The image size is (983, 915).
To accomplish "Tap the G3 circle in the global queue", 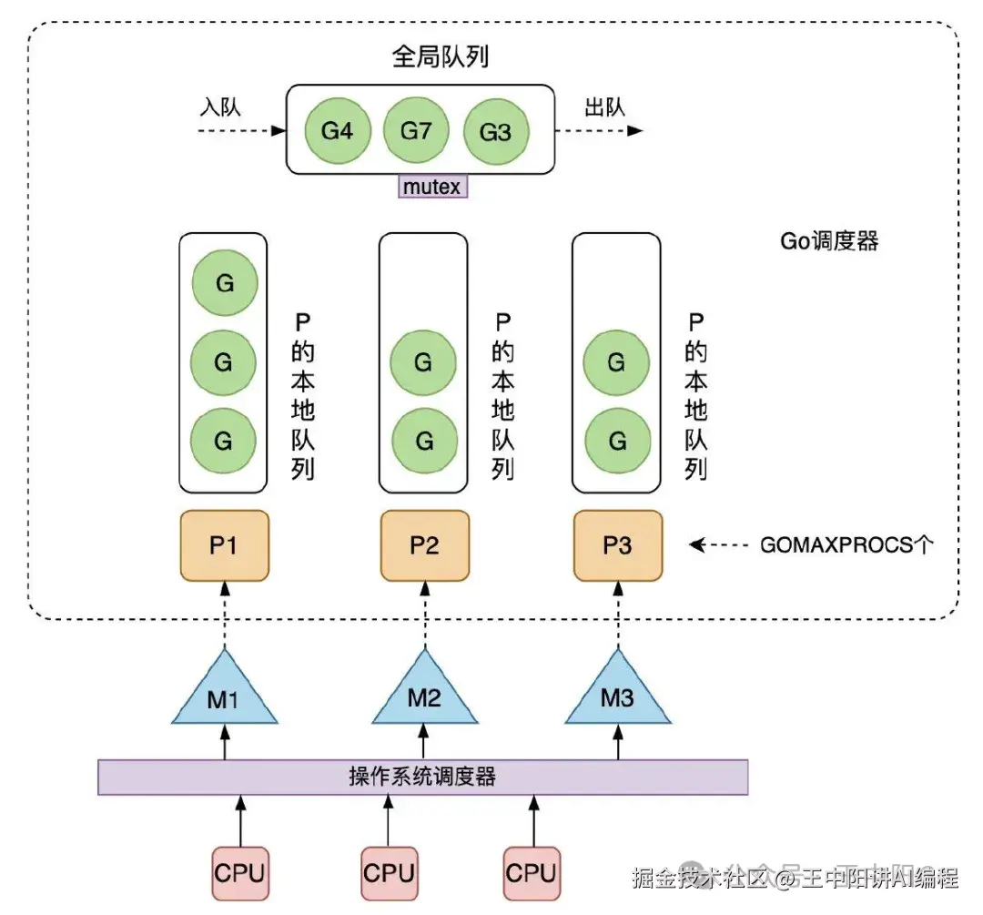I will pos(495,131).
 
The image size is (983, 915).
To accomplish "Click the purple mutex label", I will pos(433,187).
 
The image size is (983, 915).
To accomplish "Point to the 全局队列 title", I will pos(440,56).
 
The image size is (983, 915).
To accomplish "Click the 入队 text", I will pos(220,107).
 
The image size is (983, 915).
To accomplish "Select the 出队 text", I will pos(604,107).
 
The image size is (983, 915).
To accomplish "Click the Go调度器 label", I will pos(829,241).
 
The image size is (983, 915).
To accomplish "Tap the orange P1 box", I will pos(224,545).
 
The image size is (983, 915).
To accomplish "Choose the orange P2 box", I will pos(424,545).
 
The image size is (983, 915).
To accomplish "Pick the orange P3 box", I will pos(617,545).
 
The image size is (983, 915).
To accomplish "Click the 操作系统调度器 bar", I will pos(422,777).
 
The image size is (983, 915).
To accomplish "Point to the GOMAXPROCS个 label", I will pos(846,546).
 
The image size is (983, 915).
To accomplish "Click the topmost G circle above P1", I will pos(224,283).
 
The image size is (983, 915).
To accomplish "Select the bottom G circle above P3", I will pos(617,441).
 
